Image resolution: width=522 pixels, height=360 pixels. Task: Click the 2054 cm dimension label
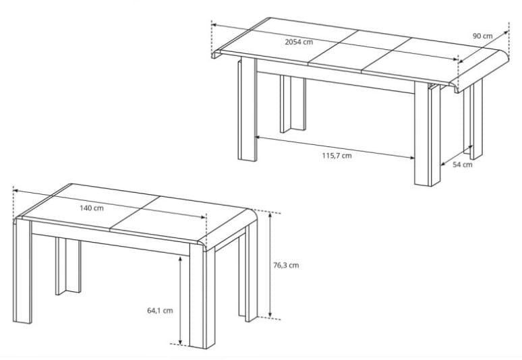pos(299,42)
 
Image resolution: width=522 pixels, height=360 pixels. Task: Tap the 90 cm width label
pos(482,36)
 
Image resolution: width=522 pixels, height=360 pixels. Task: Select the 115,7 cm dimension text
pos(337,155)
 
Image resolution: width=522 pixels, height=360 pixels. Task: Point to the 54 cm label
pos(463,164)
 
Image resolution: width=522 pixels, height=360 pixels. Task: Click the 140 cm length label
pos(92,208)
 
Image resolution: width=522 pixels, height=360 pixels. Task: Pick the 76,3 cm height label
pos(286,265)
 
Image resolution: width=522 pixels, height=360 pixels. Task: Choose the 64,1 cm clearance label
pos(160,310)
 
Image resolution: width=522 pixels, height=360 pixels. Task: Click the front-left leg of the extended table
pos(248,109)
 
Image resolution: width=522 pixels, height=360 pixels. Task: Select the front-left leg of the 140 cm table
pos(23,270)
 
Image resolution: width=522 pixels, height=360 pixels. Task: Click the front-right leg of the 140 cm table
pos(202,296)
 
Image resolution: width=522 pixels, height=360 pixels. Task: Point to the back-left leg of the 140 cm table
pos(68,266)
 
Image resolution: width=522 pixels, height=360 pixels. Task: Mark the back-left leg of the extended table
pos(293,104)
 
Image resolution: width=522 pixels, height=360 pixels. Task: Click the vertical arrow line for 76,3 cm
pos(270,264)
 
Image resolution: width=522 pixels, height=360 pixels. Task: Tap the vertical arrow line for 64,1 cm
pos(180,300)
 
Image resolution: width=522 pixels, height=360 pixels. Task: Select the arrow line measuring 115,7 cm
pos(335,147)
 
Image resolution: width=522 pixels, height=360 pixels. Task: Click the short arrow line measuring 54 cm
pos(457,155)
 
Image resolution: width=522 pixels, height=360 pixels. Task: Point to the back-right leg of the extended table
pos(473,119)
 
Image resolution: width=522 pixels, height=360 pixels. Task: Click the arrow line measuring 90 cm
pos(484,47)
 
